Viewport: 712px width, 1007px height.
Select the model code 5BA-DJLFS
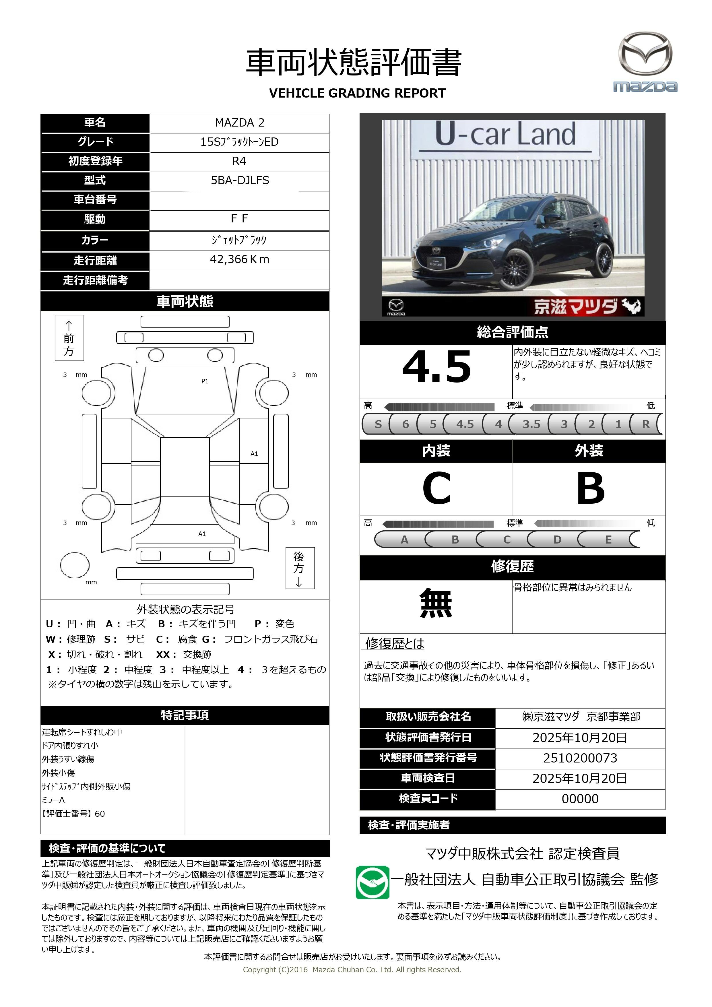pyautogui.click(x=240, y=180)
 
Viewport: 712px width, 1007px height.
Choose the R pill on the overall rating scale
pyautogui.click(x=645, y=424)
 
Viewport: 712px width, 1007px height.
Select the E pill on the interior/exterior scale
pyautogui.click(x=608, y=540)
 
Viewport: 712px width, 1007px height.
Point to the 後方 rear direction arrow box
pyautogui.click(x=300, y=568)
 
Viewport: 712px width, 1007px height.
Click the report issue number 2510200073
pyautogui.click(x=580, y=758)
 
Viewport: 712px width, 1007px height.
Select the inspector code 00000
pyautogui.click(x=580, y=799)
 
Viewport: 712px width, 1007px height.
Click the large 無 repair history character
pyautogui.click(x=436, y=604)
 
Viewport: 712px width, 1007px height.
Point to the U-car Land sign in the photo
pyautogui.click(x=505, y=134)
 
